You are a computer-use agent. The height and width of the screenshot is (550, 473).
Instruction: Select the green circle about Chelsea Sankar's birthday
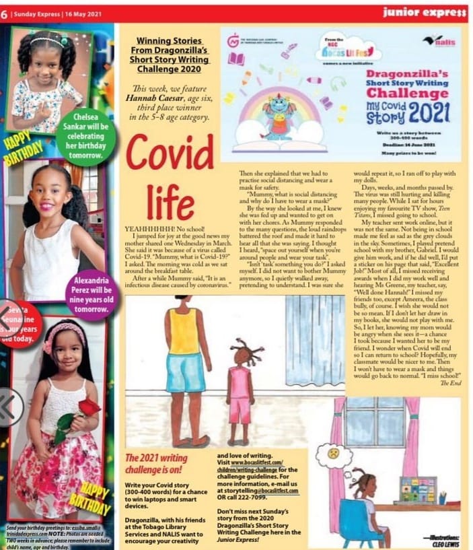[x=86, y=137]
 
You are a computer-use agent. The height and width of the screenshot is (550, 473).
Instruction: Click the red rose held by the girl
[x=89, y=407]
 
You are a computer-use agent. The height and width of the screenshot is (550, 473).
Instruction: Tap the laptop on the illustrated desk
[x=418, y=490]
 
